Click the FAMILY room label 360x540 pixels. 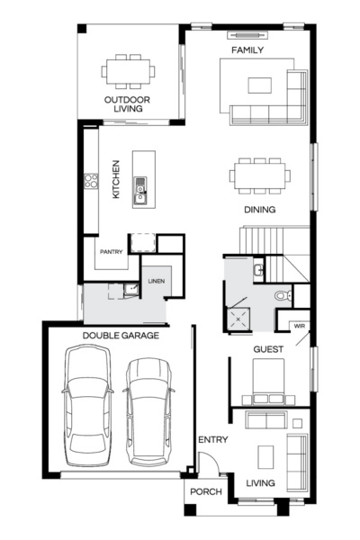click(x=247, y=50)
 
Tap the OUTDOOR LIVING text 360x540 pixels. click(x=127, y=104)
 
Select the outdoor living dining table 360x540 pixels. click(x=127, y=69)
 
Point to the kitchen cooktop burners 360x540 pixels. click(x=91, y=181)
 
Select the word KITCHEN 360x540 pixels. click(x=115, y=180)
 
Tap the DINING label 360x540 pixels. click(x=259, y=210)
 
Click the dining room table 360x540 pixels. click(x=259, y=175)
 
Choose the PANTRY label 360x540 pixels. click(x=112, y=253)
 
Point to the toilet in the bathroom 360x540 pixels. click(x=282, y=295)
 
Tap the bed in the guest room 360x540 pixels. click(x=270, y=380)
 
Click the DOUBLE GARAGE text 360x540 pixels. click(x=121, y=336)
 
